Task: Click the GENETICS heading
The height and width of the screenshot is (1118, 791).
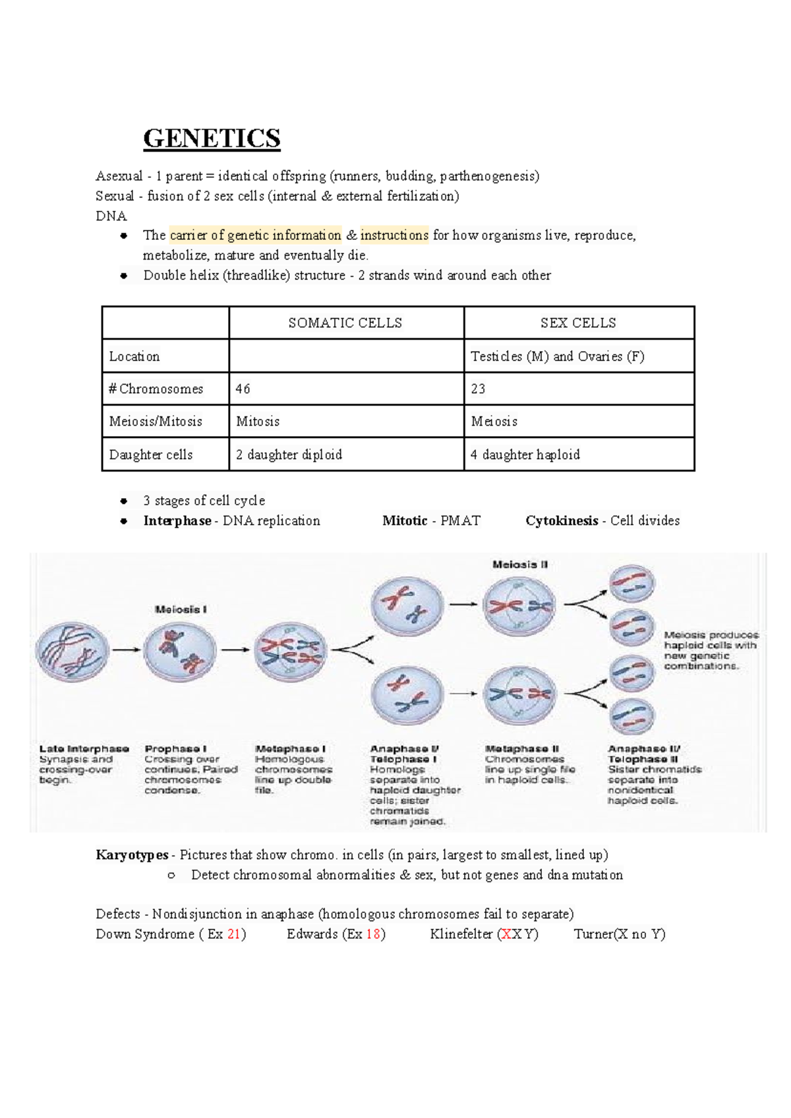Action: (212, 139)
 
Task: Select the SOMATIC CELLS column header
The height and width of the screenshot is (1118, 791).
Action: (345, 323)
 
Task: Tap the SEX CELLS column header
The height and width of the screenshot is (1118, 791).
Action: (578, 323)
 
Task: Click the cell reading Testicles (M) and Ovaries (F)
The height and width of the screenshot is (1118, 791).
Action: (557, 356)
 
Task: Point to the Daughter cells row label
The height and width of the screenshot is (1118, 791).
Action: (151, 455)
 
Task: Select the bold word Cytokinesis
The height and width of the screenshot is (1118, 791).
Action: (562, 520)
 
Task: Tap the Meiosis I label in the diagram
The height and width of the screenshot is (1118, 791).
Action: (181, 609)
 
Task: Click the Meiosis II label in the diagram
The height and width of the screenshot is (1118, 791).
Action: (520, 565)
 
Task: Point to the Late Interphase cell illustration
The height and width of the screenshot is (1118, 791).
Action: (72, 651)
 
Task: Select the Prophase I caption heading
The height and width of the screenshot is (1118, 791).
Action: (175, 749)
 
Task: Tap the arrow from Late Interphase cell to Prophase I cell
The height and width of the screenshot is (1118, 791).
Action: (125, 650)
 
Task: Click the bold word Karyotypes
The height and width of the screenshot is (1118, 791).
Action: (132, 855)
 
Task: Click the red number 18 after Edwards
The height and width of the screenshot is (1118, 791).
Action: (373, 934)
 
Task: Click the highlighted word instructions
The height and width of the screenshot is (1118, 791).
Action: (394, 235)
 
